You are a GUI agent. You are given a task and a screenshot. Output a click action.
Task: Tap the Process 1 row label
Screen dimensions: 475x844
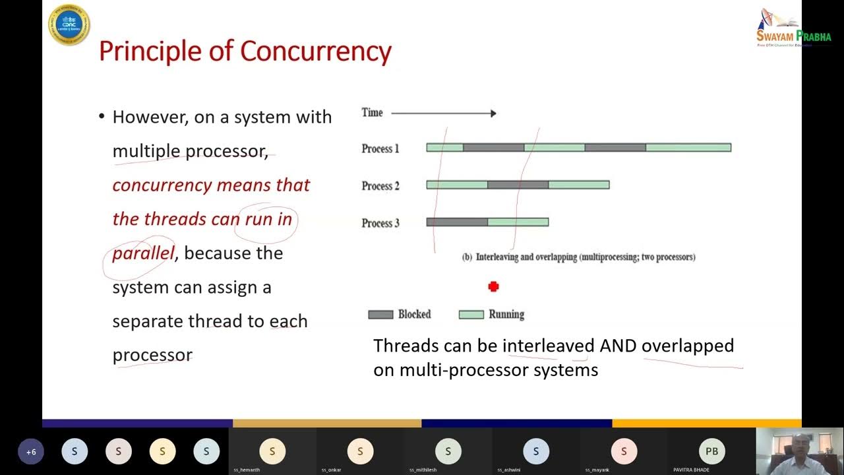380,148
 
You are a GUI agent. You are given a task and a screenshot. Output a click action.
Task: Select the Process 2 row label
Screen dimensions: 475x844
380,186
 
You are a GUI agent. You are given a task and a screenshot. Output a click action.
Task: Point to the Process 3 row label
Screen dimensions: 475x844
380,223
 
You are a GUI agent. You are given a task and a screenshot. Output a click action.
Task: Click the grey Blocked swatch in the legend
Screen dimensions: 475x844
380,315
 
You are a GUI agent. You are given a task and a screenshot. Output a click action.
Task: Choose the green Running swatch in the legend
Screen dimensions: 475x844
471,315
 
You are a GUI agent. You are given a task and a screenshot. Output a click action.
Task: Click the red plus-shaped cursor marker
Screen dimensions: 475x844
493,286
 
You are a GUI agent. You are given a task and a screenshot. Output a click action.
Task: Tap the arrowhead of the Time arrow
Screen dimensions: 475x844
493,113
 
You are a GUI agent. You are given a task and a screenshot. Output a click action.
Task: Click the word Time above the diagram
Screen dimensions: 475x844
372,113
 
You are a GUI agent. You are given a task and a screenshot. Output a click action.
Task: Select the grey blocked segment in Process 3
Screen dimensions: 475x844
457,222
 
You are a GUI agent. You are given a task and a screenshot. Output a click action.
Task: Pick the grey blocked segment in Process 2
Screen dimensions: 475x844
518,185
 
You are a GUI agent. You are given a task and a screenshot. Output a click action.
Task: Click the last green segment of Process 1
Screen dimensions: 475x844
688,148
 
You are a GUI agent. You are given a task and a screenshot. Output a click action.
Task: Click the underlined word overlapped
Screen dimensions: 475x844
687,346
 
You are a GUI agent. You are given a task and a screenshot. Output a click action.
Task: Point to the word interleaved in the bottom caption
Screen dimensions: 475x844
548,346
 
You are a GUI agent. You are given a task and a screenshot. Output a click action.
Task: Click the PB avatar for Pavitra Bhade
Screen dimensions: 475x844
711,451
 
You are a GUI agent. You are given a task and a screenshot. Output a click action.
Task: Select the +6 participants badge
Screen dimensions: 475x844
31,452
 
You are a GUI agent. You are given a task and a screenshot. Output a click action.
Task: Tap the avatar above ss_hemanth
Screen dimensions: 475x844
272,451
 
